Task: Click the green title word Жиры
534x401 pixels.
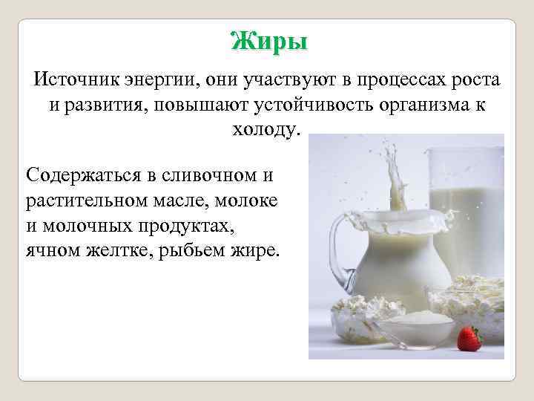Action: coord(268,41)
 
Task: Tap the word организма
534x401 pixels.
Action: coord(415,105)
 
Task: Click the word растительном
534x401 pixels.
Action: coord(83,200)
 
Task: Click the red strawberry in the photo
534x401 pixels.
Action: coord(469,339)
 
